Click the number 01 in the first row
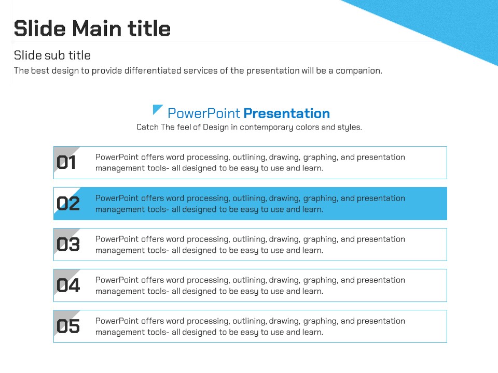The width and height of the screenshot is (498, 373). pos(66,162)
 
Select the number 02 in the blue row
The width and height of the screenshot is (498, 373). pos(68,203)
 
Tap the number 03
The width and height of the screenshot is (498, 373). pos(68,244)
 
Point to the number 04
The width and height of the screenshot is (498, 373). pos(68,285)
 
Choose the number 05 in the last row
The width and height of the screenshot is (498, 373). pos(68,326)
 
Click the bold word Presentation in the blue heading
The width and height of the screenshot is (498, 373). pos(287,113)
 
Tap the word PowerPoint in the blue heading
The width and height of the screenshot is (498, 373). pos(204,113)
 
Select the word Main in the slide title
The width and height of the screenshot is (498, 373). pos(97,28)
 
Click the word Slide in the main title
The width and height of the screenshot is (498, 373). pos(40,28)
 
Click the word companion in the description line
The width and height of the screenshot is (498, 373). pos(358,71)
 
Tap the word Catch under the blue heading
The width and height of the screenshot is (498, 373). pos(147,127)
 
